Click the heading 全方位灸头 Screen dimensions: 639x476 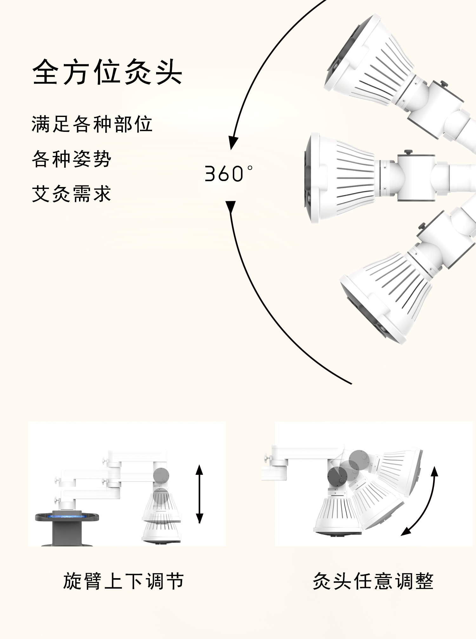click(x=107, y=72)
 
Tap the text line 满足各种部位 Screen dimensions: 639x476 click(x=92, y=124)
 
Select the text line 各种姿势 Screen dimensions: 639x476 click(x=71, y=159)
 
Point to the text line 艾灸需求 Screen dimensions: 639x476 click(x=71, y=194)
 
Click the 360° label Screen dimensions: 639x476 click(x=228, y=173)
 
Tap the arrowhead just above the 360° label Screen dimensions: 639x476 click(x=233, y=143)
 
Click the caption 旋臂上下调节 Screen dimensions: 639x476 click(x=123, y=581)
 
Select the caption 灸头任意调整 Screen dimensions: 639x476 click(x=373, y=581)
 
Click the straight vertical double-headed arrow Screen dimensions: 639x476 click(x=199, y=494)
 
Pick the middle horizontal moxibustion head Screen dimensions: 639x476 click(x=340, y=177)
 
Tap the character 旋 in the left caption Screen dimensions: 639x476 click(x=73, y=581)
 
